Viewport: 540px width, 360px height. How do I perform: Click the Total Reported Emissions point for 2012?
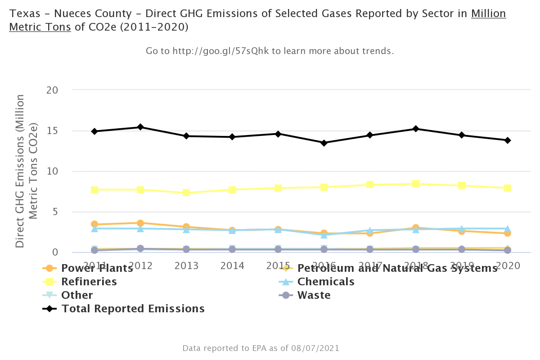[x=140, y=127]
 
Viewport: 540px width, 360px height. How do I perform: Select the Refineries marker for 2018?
[x=416, y=184]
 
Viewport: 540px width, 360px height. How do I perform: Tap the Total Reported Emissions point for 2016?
[x=324, y=143]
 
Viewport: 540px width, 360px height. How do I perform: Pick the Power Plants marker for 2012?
[x=140, y=223]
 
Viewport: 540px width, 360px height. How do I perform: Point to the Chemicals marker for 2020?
[x=507, y=229]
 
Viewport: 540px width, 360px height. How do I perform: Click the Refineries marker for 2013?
[x=186, y=193]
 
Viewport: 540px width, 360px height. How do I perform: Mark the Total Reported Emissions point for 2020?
[x=507, y=140]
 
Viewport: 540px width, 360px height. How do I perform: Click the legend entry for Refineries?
[x=89, y=282]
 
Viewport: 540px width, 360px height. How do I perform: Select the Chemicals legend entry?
[x=326, y=282]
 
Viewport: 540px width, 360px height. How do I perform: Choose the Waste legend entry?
[x=314, y=295]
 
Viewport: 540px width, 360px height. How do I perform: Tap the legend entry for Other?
[x=77, y=295]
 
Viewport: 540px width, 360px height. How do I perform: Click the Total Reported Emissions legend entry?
[x=133, y=309]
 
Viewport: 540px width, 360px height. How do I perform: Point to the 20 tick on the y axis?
[x=53, y=90]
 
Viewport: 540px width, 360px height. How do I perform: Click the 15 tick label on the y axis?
[x=53, y=131]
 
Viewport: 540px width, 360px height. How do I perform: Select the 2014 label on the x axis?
[x=232, y=265]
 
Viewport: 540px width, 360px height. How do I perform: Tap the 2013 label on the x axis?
[x=186, y=265]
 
